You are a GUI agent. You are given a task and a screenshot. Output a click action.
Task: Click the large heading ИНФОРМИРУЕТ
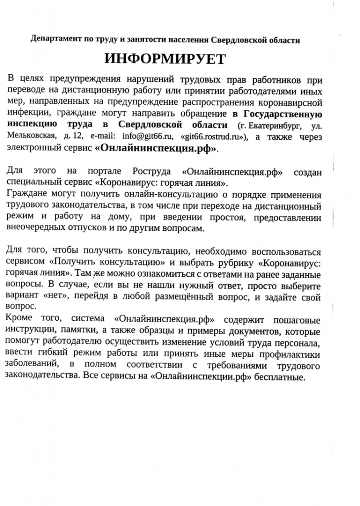coord(165,59)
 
